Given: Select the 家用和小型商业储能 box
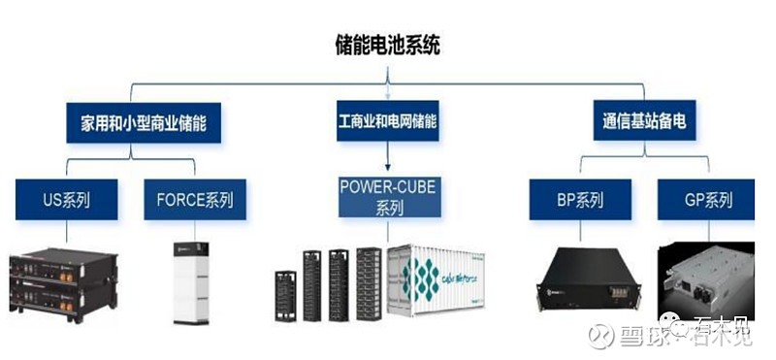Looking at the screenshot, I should click(144, 123).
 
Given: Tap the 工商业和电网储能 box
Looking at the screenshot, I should click(387, 123).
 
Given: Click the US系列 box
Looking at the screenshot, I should click(66, 201).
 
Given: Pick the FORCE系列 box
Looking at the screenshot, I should click(194, 201).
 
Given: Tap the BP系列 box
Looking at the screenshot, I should click(580, 201).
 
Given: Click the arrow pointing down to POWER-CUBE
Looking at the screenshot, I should click(388, 160).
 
